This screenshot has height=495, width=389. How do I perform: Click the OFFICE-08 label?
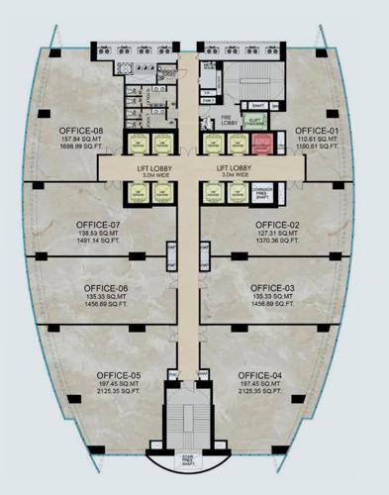pos(81,131)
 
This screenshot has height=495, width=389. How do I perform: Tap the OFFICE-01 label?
pos(317,131)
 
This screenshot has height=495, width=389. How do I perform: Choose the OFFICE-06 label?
pos(106,288)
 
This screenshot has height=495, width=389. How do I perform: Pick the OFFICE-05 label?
pos(119,375)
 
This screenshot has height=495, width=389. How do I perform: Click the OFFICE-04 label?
pos(261,375)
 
